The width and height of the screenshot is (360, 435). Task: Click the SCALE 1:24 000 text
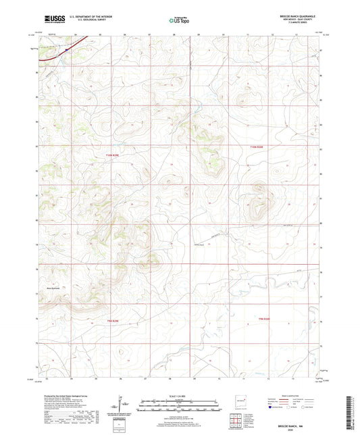pos(180,396)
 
